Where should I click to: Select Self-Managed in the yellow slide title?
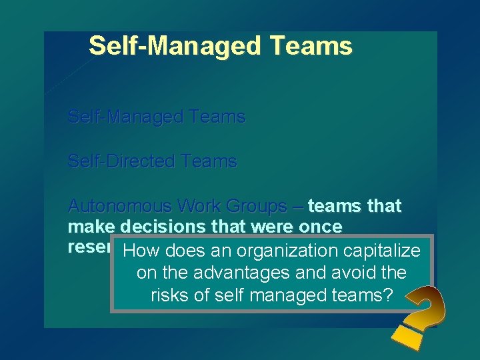coord(175,46)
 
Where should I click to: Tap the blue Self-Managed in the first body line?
coord(127,117)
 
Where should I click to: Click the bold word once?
coord(317,227)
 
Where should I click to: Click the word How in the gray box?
coord(142,251)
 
